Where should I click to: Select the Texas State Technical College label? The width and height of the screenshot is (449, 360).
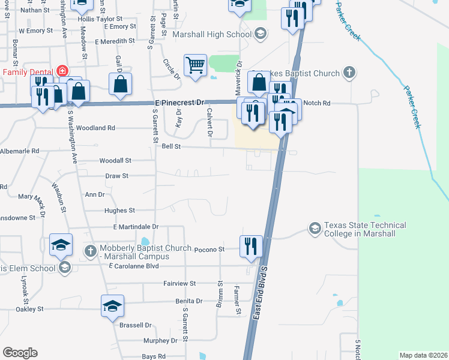(x=365, y=229)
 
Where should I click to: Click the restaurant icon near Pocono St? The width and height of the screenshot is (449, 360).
(x=251, y=245)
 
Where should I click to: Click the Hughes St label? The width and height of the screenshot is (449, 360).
(x=119, y=211)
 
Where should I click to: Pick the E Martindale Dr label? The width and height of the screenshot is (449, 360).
(x=135, y=227)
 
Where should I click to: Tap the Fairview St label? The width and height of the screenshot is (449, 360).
(x=179, y=283)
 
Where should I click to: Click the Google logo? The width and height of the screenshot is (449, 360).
(x=20, y=353)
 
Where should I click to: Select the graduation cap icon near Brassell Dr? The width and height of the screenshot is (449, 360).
(x=113, y=306)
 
